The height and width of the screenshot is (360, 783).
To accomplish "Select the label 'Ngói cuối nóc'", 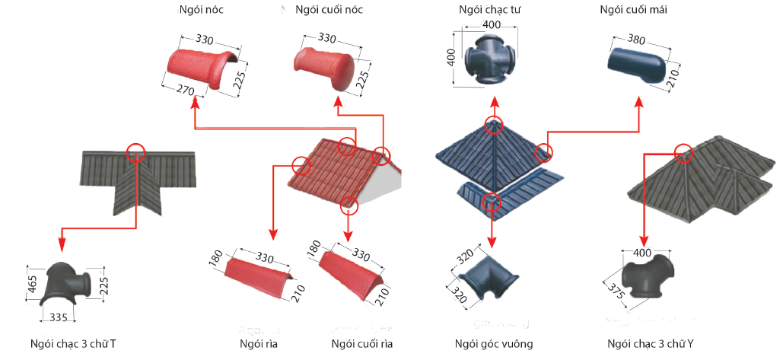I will (329, 11).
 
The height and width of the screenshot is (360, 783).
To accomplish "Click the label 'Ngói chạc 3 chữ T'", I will (73, 345).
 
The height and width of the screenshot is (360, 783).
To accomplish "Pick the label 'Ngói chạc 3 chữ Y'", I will (651, 345).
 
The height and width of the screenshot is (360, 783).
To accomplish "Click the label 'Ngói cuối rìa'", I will (361, 345).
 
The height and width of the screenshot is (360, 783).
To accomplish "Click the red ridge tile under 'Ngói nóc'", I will (202, 68).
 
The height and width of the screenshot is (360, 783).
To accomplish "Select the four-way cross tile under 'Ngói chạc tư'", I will (493, 58).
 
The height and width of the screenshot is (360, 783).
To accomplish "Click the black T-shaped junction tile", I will (65, 287).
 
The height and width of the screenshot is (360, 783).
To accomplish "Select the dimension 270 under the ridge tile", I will (183, 89).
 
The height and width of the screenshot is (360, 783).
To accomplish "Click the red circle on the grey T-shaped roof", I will (136, 152).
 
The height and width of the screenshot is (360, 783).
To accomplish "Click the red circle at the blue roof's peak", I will (495, 126).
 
